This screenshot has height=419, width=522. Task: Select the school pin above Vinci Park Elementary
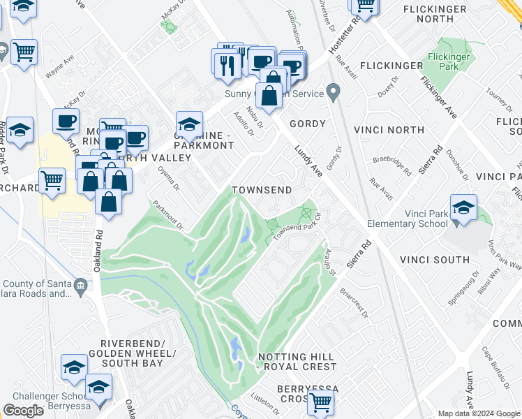click(463, 207)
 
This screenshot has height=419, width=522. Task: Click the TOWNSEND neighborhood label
click(261, 190)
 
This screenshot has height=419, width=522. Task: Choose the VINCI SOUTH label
click(434, 260)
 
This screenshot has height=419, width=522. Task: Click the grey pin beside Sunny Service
click(334, 91)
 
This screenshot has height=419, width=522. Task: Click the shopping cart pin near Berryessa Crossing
click(320, 402)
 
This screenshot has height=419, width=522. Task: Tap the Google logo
click(23, 411)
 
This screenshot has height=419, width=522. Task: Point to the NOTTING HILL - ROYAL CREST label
click(297, 362)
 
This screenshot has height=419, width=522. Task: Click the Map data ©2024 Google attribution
click(479, 413)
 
